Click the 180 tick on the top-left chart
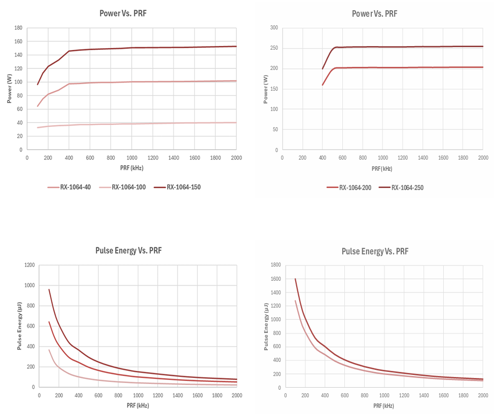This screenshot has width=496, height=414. pyautogui.click(x=18, y=28)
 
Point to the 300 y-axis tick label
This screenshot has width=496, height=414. pyautogui.click(x=273, y=28)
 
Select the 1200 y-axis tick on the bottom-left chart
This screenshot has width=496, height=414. pyautogui.click(x=29, y=265)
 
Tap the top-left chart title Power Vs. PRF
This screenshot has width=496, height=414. pyautogui.click(x=123, y=13)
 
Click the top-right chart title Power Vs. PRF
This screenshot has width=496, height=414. pyautogui.click(x=375, y=14)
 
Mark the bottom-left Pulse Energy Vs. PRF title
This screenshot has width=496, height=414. pyautogui.click(x=128, y=250)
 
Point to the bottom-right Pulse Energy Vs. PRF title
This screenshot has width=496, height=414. pyautogui.click(x=375, y=251)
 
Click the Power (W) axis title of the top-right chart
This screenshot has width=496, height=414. pyautogui.click(x=265, y=89)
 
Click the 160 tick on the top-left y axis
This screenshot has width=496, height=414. pyautogui.click(x=18, y=41)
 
